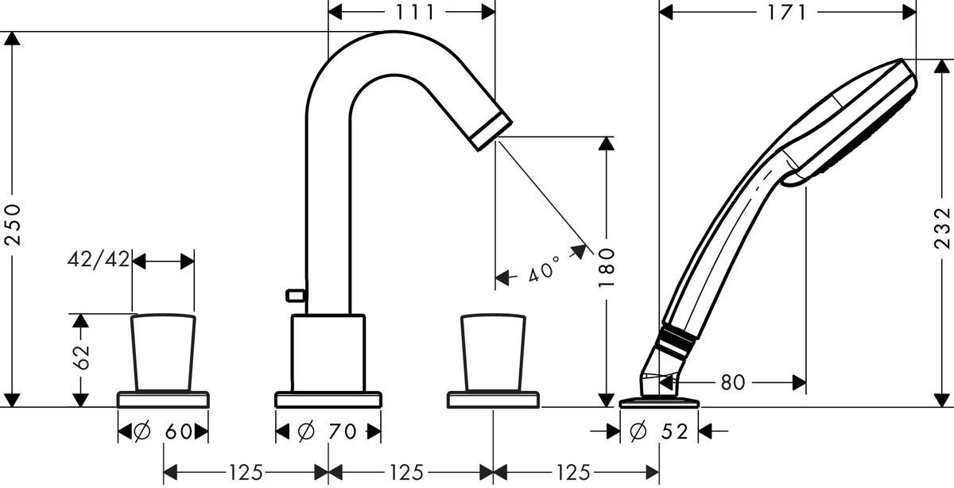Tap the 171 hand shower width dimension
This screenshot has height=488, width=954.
tap(788, 12)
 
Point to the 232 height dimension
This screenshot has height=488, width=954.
tap(943, 229)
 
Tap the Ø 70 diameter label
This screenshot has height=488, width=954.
tap(328, 432)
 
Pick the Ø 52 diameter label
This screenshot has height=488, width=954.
tap(659, 432)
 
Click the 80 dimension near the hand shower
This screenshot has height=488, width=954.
tap(732, 382)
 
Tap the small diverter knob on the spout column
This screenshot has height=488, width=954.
tap(296, 296)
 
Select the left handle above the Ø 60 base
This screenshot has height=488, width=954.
tap(163, 352)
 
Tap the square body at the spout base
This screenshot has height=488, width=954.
tap(328, 352)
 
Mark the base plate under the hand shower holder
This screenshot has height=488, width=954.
tap(659, 402)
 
